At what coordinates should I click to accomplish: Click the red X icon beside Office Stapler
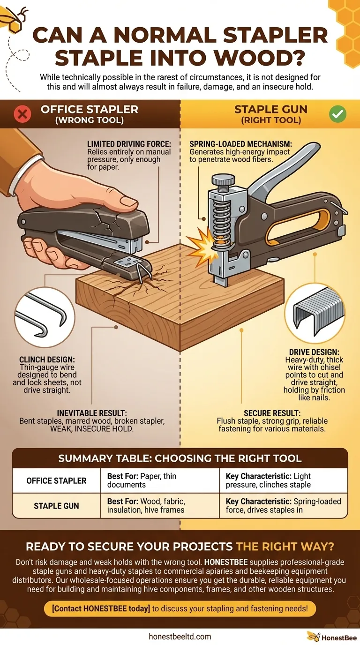(23, 114)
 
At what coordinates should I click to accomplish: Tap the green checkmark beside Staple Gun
(337, 114)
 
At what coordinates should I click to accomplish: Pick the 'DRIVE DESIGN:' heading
(314, 351)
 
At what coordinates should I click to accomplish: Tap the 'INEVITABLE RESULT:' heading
(91, 413)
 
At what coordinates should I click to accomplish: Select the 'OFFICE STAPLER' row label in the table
(56, 480)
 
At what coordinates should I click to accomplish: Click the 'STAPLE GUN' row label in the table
(56, 506)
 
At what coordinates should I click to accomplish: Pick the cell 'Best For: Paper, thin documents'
(159, 480)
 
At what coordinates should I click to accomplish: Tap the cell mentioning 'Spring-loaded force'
(283, 506)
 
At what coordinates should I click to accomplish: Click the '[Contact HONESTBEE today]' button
(180, 609)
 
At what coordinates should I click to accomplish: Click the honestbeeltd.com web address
(180, 636)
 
